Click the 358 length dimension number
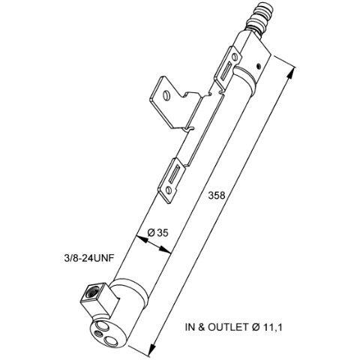pos(217,196)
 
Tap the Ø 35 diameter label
pos(158,233)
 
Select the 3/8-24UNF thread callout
pos(89,258)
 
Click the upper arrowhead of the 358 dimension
pos(292,74)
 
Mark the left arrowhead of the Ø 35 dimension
pos(142,239)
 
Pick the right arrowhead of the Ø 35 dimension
pos(165,250)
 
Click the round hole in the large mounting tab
pos(166,95)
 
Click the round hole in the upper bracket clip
pos(234,57)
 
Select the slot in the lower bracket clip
pos(174,174)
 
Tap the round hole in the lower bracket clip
pos(168,190)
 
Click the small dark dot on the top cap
pos(259,66)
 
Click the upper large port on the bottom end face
pos(103,325)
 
